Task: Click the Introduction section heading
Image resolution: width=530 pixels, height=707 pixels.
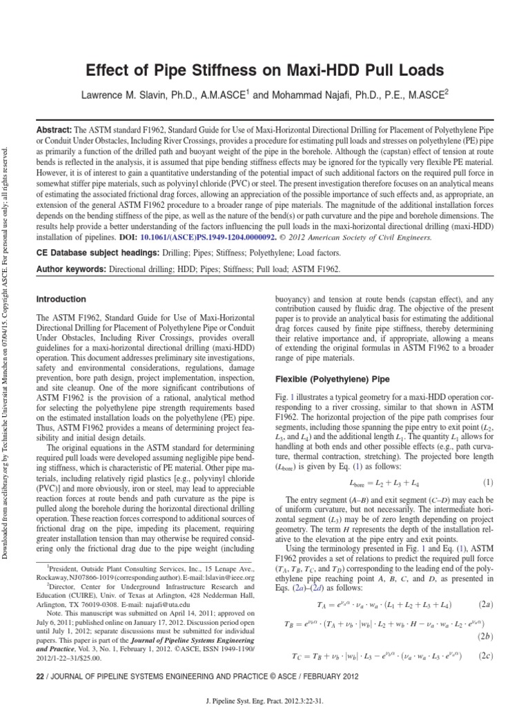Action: pyautogui.click(x=61, y=300)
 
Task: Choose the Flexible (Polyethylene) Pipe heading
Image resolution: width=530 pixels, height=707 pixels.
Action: pyautogui.click(x=332, y=379)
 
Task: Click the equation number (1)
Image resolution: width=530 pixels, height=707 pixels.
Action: pyautogui.click(x=488, y=482)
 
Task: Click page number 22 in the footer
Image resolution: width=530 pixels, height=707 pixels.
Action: pyautogui.click(x=39, y=677)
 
